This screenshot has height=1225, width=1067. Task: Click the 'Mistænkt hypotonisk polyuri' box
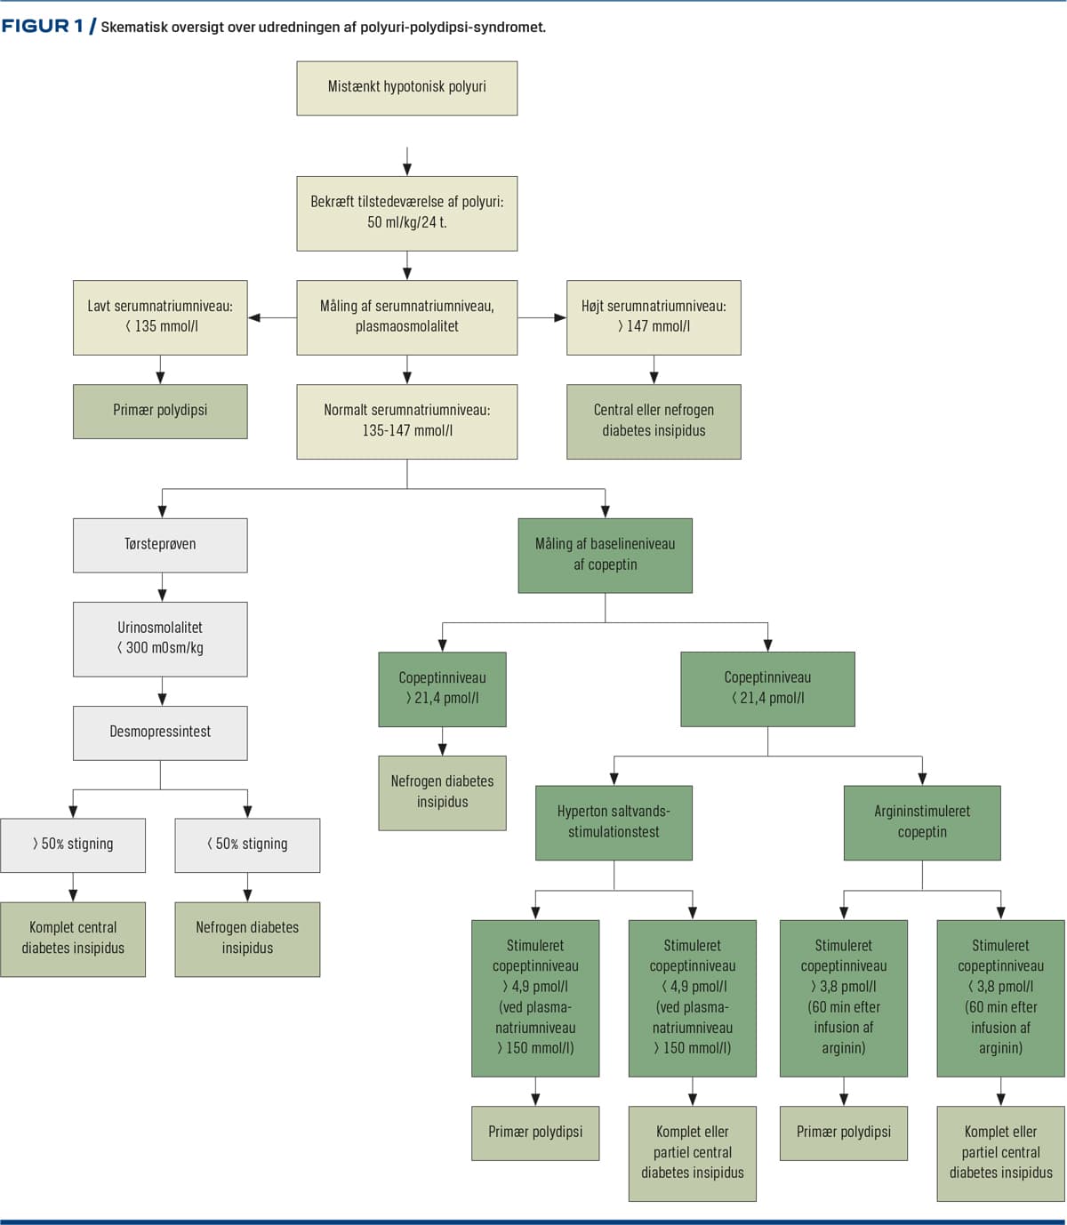[x=407, y=88]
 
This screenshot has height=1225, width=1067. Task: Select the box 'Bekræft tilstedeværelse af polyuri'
[x=407, y=213]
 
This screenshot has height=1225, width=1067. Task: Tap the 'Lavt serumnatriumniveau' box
[x=160, y=317]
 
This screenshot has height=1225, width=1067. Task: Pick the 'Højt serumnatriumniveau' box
[x=654, y=317]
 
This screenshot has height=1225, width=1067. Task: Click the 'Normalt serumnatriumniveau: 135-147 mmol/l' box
[x=407, y=421]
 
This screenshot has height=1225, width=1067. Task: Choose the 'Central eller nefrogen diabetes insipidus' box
[x=654, y=421]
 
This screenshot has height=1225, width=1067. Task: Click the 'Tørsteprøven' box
[x=160, y=546]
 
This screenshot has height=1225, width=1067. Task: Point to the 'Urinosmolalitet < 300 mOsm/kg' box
[x=160, y=639]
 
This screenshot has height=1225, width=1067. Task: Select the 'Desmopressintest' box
[x=160, y=733]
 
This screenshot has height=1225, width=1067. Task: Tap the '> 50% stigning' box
[x=73, y=845]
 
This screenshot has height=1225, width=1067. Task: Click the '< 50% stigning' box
[x=247, y=845]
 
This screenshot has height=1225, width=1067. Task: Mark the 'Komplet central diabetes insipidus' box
[x=73, y=940]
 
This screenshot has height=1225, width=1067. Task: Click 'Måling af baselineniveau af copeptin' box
[x=606, y=556]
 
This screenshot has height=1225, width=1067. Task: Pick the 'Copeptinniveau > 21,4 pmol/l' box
[x=443, y=689]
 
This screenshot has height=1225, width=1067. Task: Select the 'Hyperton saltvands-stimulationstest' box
[x=614, y=822]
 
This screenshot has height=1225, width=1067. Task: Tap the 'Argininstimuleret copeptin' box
[x=922, y=822]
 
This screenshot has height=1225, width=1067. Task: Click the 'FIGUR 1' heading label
[x=43, y=27]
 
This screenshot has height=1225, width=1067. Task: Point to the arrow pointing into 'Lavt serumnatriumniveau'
[x=272, y=317]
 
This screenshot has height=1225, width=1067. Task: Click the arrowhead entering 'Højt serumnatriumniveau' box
[x=560, y=317]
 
